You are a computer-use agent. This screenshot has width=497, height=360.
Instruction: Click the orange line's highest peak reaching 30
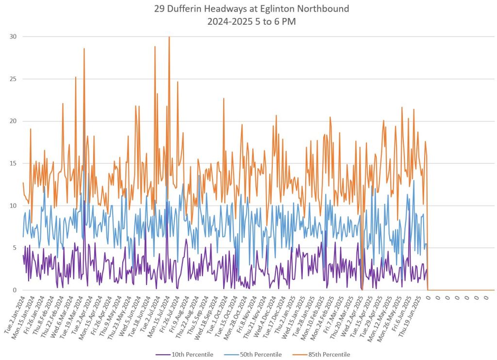169,37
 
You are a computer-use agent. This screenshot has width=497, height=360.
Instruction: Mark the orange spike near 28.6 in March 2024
84,49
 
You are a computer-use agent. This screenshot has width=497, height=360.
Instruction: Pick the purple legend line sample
163,355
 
